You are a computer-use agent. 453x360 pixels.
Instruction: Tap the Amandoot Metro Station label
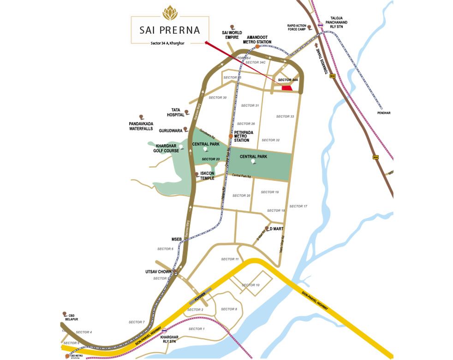point(259,39)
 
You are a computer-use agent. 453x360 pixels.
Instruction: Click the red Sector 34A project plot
point(287,88)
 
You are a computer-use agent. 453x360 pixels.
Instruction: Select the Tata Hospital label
point(175,112)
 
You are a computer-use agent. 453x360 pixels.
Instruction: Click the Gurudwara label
point(171,131)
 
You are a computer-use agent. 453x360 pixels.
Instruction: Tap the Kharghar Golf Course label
point(167,148)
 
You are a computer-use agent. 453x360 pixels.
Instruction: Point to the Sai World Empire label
point(232,35)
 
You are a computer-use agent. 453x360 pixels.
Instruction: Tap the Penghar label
point(383,113)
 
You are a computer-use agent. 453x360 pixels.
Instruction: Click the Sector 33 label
point(285,116)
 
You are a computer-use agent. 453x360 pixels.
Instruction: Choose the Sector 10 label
point(250,285)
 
